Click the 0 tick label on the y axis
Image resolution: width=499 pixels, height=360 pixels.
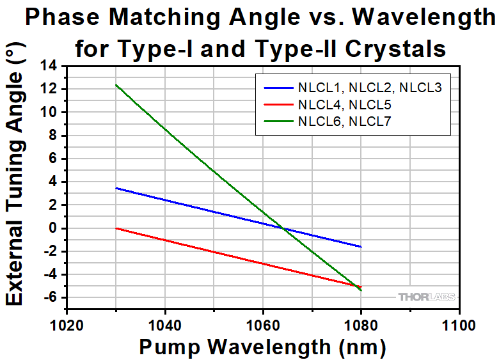click(x=52, y=228)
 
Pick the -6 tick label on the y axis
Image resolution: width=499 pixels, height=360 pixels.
click(x=49, y=298)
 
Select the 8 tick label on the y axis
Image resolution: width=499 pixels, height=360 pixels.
click(x=52, y=136)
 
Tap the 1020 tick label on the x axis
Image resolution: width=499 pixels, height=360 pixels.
click(x=67, y=324)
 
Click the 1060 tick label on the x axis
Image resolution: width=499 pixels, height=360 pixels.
click(x=262, y=324)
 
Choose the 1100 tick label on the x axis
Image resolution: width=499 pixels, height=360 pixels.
click(x=458, y=324)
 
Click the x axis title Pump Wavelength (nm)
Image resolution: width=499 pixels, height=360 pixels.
click(x=262, y=347)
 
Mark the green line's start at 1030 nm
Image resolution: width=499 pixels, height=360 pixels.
click(x=116, y=84)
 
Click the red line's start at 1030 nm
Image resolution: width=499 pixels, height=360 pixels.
click(x=116, y=228)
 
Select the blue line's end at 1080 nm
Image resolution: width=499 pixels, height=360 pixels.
click(x=361, y=247)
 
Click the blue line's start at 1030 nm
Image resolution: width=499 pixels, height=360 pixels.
click(x=116, y=188)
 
